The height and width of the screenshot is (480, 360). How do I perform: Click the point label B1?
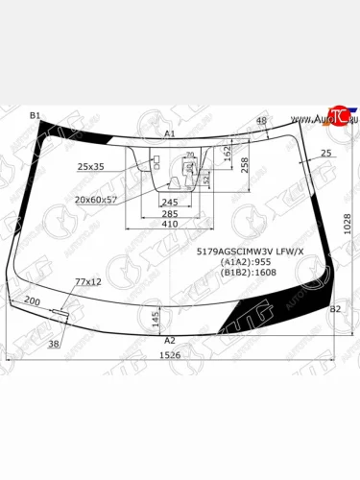[36, 115]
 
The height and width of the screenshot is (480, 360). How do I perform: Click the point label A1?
[170, 133]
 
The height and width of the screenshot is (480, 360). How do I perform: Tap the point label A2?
[170, 341]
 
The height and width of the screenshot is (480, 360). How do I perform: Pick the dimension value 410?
[170, 224]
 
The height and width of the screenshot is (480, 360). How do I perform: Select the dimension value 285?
[170, 213]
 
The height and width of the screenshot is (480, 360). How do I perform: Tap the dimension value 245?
[170, 203]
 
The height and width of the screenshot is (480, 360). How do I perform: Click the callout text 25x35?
[91, 167]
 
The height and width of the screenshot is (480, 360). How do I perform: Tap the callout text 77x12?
[88, 281]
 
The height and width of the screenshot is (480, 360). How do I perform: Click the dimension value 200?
[32, 300]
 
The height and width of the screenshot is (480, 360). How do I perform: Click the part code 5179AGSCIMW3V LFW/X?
[250, 251]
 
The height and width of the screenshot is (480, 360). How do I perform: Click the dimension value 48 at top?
[261, 120]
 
